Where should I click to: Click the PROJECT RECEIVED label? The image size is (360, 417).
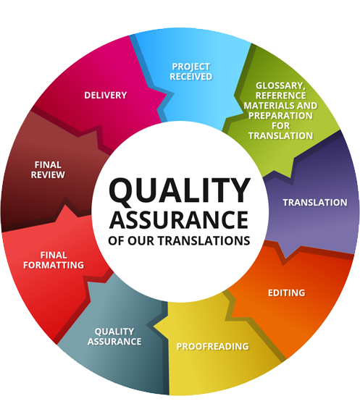click(x=191, y=72)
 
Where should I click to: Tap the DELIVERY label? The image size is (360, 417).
click(x=106, y=96)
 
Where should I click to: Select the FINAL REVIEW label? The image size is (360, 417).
click(x=48, y=169)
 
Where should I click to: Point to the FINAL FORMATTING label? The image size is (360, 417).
click(x=54, y=260)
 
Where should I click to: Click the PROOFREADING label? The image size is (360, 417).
click(x=212, y=346)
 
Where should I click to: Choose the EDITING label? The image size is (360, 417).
click(x=287, y=292)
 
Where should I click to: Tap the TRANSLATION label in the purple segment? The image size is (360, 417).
click(x=315, y=203)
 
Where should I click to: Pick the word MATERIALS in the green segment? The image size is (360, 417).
click(x=269, y=106)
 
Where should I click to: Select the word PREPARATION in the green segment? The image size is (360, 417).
click(x=280, y=116)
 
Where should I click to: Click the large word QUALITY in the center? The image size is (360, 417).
click(x=180, y=190)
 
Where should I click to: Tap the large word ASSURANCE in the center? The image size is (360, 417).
click(x=179, y=220)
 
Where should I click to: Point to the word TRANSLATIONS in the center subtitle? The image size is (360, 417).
click(x=204, y=240)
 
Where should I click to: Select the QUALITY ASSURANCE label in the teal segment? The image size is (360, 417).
click(x=114, y=337)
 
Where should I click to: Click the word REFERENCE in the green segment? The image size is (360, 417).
click(x=281, y=96)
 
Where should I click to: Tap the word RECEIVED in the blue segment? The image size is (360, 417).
click(x=191, y=77)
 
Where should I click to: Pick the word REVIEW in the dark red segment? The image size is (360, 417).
click(x=48, y=174)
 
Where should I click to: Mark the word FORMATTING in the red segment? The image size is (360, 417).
click(x=54, y=265)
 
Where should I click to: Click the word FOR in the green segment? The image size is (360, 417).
click(x=280, y=125)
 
